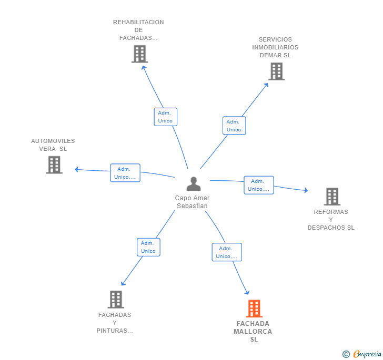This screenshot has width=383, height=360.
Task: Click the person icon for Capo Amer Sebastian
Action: (194, 184)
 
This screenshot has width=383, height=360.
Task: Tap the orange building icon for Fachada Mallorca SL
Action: (254, 308)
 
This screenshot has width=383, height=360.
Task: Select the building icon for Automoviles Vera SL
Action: (54, 164)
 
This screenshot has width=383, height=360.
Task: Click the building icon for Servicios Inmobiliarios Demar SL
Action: (276, 71)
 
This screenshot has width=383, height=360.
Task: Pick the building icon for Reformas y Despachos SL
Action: (332, 197)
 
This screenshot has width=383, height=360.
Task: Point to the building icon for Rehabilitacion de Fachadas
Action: (139, 54)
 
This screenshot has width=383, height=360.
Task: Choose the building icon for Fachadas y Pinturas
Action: (116, 299)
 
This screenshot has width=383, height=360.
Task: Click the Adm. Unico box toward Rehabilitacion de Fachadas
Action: (165, 117)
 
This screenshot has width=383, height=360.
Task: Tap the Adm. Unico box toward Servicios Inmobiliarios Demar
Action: (234, 126)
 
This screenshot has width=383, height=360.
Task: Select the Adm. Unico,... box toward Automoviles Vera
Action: (125, 173)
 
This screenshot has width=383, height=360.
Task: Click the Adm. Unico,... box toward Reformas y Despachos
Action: (258, 185)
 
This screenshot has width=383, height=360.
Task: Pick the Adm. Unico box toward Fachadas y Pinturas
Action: (148, 247)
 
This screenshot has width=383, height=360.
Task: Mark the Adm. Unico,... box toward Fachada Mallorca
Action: (226, 252)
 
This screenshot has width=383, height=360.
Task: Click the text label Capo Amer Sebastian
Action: (193, 202)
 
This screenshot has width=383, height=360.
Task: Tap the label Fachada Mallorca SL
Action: (253, 332)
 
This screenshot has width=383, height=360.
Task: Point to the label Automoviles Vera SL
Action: (53, 145)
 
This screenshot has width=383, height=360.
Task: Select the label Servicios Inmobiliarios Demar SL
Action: (275, 47)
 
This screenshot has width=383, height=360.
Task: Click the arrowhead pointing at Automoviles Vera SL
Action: (77, 169)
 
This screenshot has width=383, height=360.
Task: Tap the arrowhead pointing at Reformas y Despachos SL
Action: (306, 190)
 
